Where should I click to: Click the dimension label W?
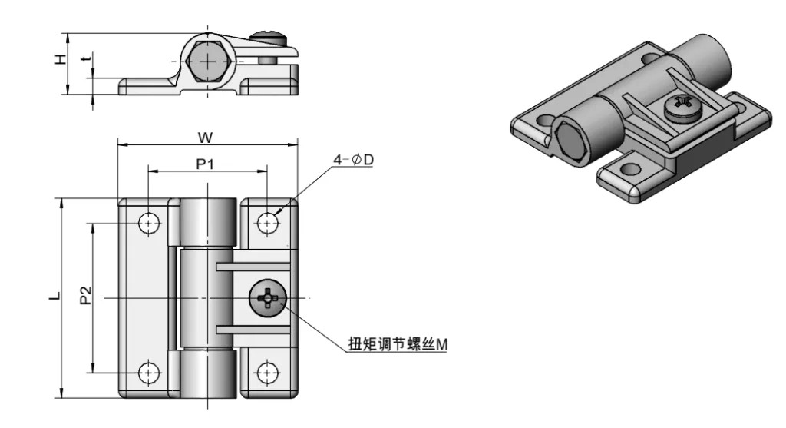(x=205, y=137)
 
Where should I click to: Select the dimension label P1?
(x=205, y=163)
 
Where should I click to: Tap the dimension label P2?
(x=86, y=295)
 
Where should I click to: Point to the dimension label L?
(x=53, y=296)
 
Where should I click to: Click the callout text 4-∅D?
(x=353, y=159)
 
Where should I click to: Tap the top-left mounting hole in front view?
(x=149, y=223)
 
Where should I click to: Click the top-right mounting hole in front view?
(x=267, y=223)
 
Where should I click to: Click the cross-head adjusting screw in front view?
(x=266, y=297)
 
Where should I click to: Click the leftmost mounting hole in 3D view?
(x=546, y=121)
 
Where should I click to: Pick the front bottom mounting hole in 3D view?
(x=629, y=168)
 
